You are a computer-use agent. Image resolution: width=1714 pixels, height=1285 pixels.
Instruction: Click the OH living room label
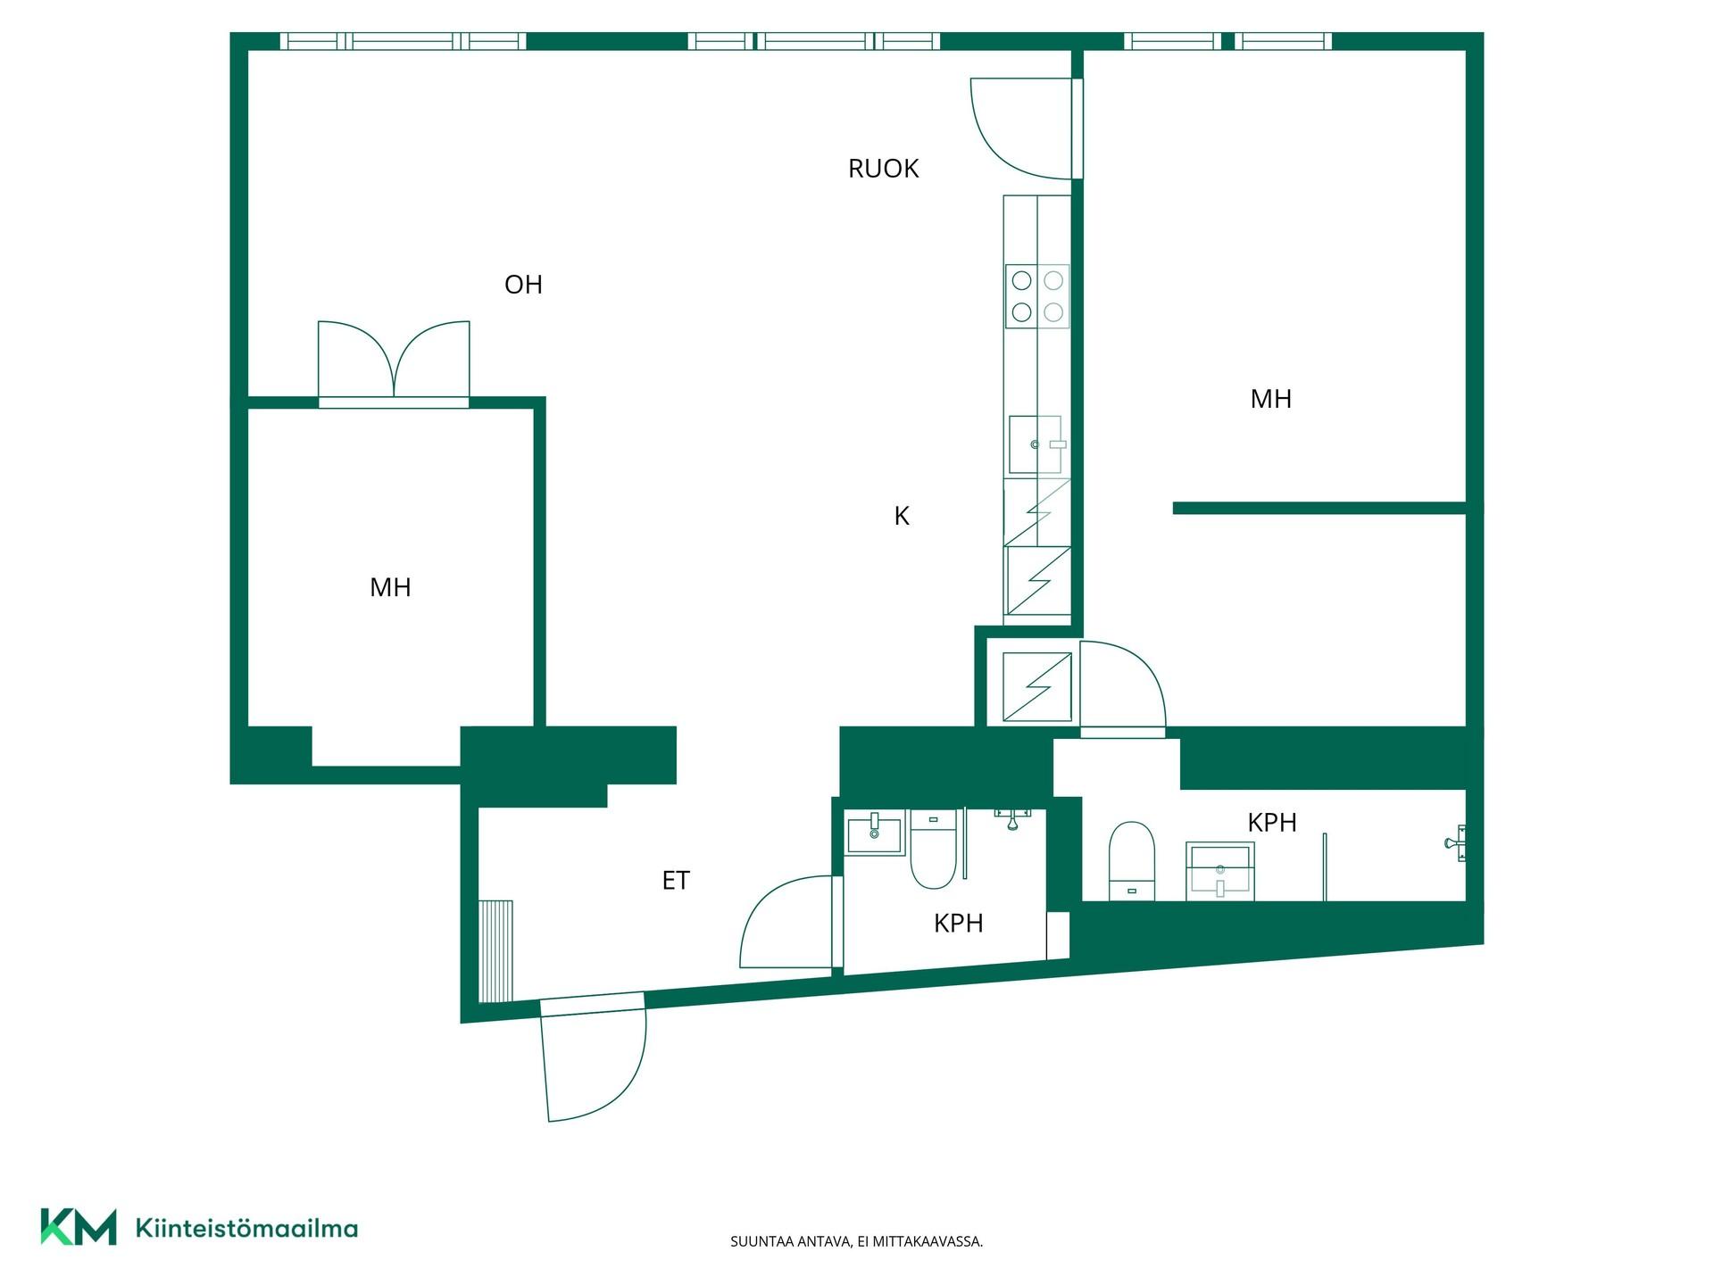523,285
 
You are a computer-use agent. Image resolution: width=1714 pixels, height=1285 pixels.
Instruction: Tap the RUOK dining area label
883,169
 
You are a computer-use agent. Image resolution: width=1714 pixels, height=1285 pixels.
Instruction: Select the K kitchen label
902,516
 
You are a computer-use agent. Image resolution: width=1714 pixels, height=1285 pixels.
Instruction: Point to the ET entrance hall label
676,881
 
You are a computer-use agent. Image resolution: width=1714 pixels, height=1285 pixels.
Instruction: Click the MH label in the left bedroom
390,587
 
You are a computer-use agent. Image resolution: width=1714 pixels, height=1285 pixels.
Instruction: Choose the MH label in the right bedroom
1270,399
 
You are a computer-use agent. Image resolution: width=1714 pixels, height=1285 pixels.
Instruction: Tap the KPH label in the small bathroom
958,923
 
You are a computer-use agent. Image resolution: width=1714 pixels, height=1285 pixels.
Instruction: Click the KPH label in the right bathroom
1271,822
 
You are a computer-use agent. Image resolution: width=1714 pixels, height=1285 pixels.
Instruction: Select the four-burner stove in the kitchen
1037,296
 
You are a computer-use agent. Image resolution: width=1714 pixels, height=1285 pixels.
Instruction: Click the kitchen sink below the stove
1036,444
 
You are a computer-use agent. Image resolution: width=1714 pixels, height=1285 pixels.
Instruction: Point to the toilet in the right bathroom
1131,860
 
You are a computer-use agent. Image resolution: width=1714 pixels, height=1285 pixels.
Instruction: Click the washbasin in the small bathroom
875,832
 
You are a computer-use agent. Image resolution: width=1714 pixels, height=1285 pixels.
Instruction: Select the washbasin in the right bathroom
1220,871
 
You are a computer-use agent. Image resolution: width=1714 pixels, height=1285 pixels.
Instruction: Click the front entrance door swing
593,1057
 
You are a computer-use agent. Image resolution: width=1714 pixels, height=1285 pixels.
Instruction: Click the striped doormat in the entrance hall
496,950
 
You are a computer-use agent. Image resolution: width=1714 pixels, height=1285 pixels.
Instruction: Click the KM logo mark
79,1227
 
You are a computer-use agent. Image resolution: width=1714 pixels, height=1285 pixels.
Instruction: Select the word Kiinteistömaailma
246,1228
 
